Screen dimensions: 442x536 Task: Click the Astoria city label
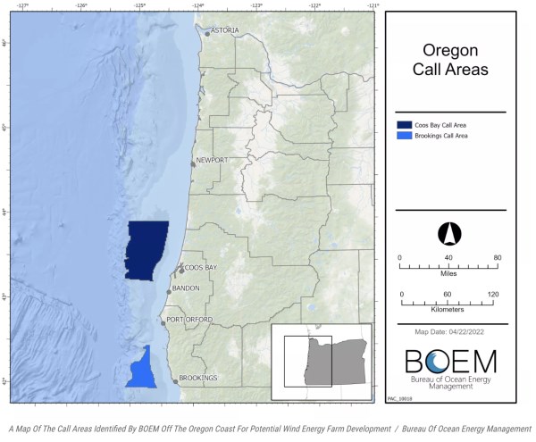click(224, 30)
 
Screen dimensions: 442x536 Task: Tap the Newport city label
click(212, 160)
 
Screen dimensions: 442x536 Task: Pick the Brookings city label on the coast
click(197, 378)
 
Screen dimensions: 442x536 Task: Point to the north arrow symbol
click(447, 234)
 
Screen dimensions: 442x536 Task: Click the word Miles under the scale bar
click(447, 275)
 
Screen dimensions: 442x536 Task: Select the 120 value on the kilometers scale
click(492, 294)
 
